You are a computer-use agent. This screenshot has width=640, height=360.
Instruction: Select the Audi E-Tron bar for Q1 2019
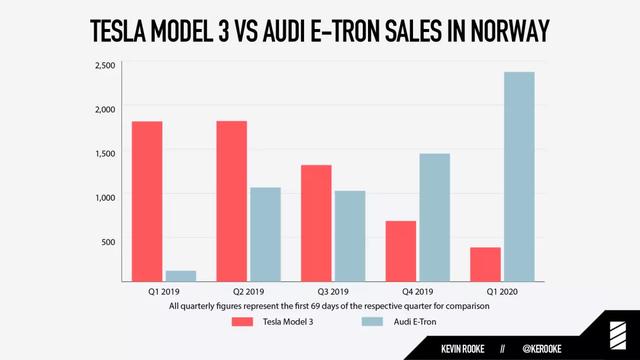[180, 275]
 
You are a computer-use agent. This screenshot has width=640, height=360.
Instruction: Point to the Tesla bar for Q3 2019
[315, 223]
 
